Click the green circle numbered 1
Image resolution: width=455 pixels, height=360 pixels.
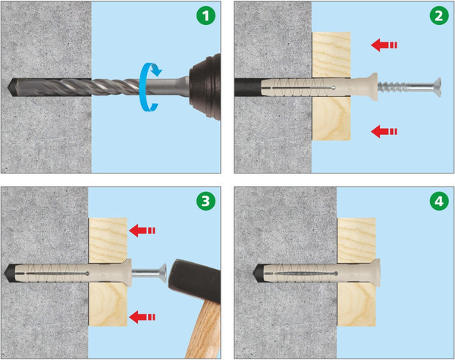[206, 15]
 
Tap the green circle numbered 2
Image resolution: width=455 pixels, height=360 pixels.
[439, 15]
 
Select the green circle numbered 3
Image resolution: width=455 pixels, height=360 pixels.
[206, 201]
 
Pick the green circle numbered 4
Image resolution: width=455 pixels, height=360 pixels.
[439, 201]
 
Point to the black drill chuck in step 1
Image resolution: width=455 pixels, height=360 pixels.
[205, 86]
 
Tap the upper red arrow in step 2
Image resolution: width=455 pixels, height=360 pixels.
[384, 45]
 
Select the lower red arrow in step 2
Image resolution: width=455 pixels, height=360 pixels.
[384, 131]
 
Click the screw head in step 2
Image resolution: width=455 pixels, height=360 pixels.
[437, 87]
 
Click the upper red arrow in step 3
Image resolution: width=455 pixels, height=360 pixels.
[143, 230]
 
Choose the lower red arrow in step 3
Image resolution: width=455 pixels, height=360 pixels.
[143, 317]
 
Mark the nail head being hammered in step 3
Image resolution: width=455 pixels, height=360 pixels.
[163, 273]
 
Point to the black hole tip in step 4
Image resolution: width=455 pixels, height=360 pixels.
[256, 274]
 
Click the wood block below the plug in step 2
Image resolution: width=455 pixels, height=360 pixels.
[331, 119]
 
